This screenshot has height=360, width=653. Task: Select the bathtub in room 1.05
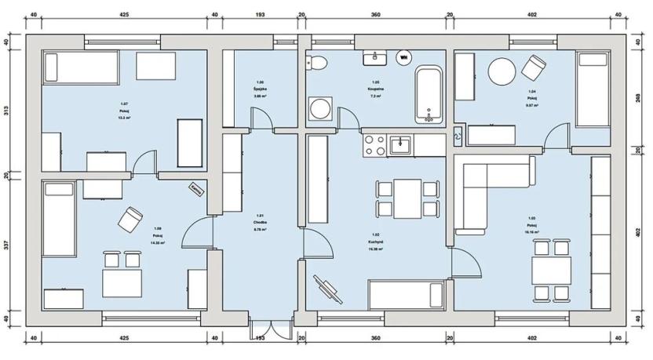tap(429, 95)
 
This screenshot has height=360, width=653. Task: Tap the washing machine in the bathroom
tap(320, 108)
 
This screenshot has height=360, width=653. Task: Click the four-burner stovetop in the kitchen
tap(373, 144)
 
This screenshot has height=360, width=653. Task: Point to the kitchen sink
tap(400, 144)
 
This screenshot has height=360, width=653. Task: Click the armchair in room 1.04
tap(535, 68)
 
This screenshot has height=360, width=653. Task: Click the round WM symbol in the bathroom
tap(403, 56)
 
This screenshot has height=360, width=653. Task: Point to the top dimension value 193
tap(260, 14)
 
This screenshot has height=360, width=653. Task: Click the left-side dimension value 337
tap(6, 245)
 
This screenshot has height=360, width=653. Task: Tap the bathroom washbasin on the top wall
tap(374, 57)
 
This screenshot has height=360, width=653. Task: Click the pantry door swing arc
tap(261, 118)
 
